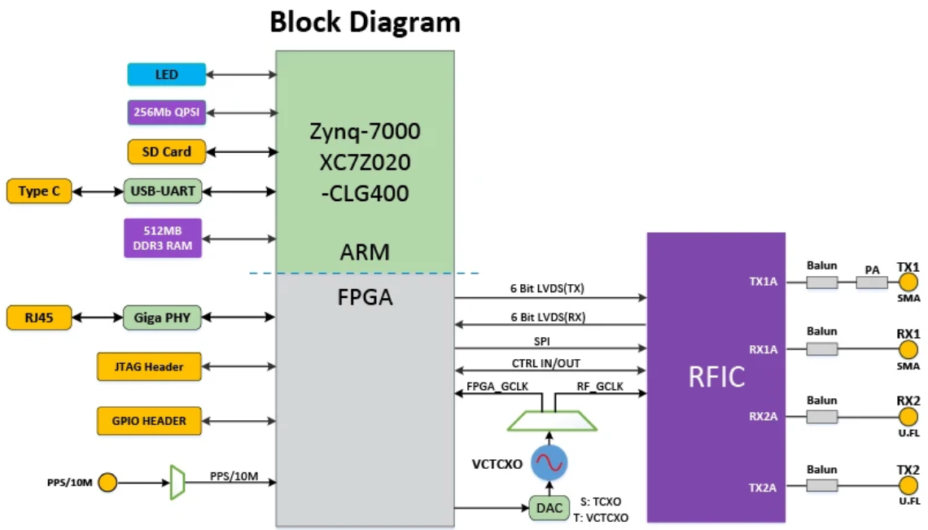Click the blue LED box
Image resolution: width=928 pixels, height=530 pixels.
pyautogui.click(x=166, y=75)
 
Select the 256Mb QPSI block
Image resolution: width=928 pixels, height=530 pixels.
pyautogui.click(x=166, y=112)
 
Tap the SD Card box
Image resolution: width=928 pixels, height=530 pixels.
pyautogui.click(x=166, y=151)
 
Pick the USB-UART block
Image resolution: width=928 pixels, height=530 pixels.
pyautogui.click(x=162, y=191)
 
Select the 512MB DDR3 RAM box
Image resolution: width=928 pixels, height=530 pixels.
pyautogui.click(x=163, y=238)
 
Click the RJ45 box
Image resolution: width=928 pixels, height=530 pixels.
pyautogui.click(x=38, y=318)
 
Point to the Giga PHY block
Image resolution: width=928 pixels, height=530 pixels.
pyautogui.click(x=162, y=318)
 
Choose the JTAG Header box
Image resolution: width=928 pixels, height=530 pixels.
pyautogui.click(x=149, y=367)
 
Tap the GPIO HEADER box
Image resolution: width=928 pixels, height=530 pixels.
pyautogui.click(x=149, y=421)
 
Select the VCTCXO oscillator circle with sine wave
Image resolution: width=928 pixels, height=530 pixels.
pyautogui.click(x=548, y=463)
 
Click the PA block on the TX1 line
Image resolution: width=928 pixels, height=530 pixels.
pyautogui.click(x=873, y=283)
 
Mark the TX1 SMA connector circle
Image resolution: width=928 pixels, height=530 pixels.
pyautogui.click(x=908, y=283)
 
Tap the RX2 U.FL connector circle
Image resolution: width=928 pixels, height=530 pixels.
pyautogui.click(x=908, y=417)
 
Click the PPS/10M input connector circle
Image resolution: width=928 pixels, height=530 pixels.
pyautogui.click(x=107, y=484)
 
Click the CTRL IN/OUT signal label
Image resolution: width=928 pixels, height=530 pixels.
pyautogui.click(x=546, y=362)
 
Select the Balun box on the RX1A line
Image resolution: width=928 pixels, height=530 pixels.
pyautogui.click(x=821, y=349)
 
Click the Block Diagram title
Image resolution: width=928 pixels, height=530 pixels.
pyautogui.click(x=365, y=22)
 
